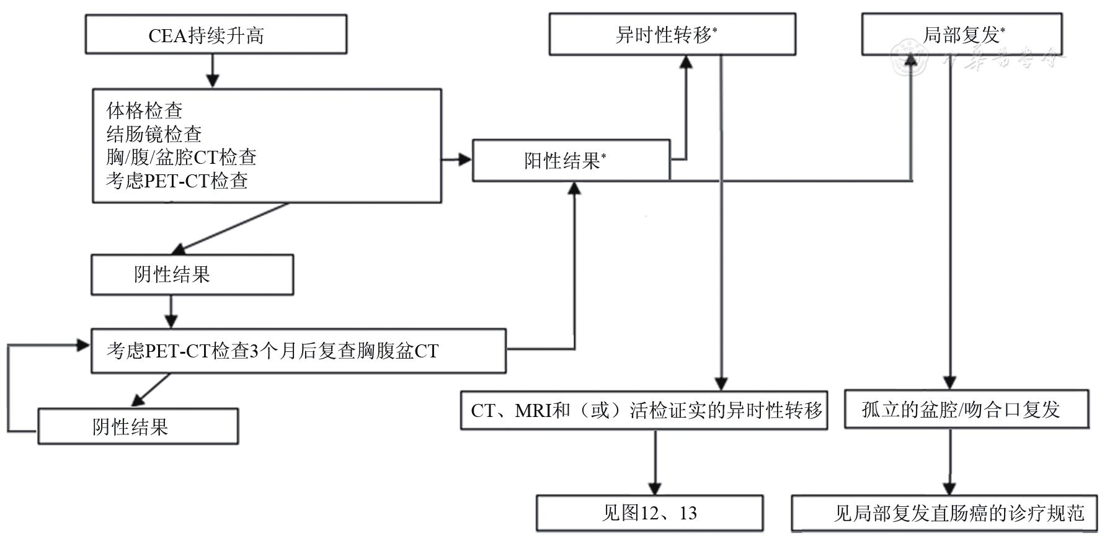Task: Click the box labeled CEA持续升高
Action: (x=215, y=35)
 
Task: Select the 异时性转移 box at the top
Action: (x=672, y=35)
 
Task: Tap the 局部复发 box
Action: (x=961, y=35)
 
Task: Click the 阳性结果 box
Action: (x=571, y=161)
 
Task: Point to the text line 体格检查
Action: (x=144, y=110)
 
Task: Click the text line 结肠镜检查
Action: (x=154, y=134)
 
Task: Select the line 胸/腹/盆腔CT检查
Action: (x=181, y=157)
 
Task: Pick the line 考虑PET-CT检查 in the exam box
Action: (x=177, y=181)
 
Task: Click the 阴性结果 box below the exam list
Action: (x=192, y=274)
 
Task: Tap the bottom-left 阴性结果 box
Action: (x=138, y=426)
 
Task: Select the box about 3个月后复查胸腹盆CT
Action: (x=298, y=351)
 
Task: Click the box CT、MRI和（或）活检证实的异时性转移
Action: (x=643, y=410)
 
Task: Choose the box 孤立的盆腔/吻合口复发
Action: (x=966, y=410)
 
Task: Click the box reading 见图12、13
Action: (x=649, y=513)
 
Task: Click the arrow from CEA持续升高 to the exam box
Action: (x=213, y=71)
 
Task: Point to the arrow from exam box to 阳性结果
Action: (x=457, y=160)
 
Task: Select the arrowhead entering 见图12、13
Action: (x=655, y=488)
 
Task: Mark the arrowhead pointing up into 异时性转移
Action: (x=686, y=61)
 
